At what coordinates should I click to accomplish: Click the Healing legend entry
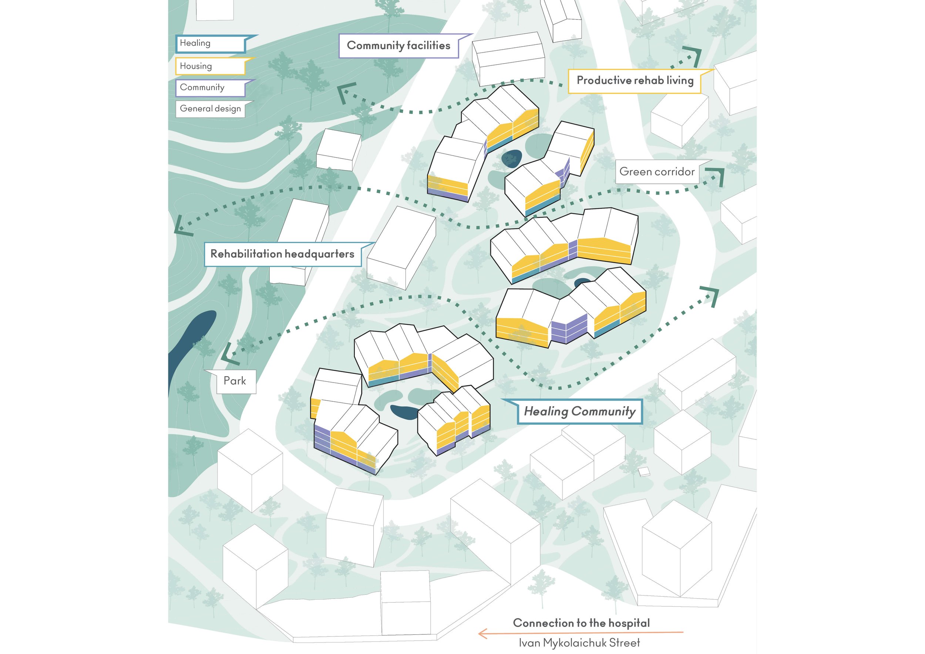(211, 44)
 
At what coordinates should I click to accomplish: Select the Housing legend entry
(211, 66)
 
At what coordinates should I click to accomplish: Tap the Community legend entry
(211, 88)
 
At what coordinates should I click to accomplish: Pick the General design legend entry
(211, 109)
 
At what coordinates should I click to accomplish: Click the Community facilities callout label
(399, 45)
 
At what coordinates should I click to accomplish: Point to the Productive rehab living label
(635, 81)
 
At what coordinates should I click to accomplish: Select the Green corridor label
(657, 172)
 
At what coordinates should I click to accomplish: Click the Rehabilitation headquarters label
(282, 254)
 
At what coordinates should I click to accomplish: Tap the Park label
(235, 381)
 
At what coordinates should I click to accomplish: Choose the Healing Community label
(580, 412)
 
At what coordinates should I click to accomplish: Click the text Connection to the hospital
(581, 623)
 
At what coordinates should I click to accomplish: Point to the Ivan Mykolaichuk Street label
(579, 643)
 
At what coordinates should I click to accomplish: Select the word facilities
(428, 45)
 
